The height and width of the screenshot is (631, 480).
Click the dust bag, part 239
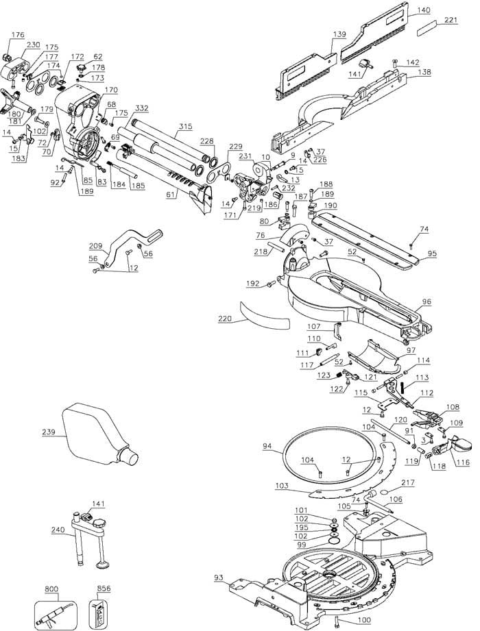coord(97,434)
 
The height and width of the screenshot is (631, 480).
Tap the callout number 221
coord(451,20)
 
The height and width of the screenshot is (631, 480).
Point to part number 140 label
coord(424,10)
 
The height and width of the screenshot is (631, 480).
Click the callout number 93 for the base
coord(218,578)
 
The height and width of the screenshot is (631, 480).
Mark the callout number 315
coord(186,126)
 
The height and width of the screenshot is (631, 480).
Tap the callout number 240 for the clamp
coord(58,530)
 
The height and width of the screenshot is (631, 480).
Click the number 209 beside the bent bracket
coord(96,245)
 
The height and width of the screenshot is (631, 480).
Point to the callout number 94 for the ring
coord(267,446)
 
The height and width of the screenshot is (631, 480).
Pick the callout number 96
coord(427,301)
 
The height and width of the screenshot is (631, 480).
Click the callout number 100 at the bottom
coord(363,620)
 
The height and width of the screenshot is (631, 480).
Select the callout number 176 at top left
coord(18,35)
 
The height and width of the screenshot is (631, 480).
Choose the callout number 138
coord(424,72)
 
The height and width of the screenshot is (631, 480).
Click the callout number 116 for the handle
coord(463,462)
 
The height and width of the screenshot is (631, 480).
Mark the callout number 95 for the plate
coord(432,254)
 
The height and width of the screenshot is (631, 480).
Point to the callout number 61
coord(171,195)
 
